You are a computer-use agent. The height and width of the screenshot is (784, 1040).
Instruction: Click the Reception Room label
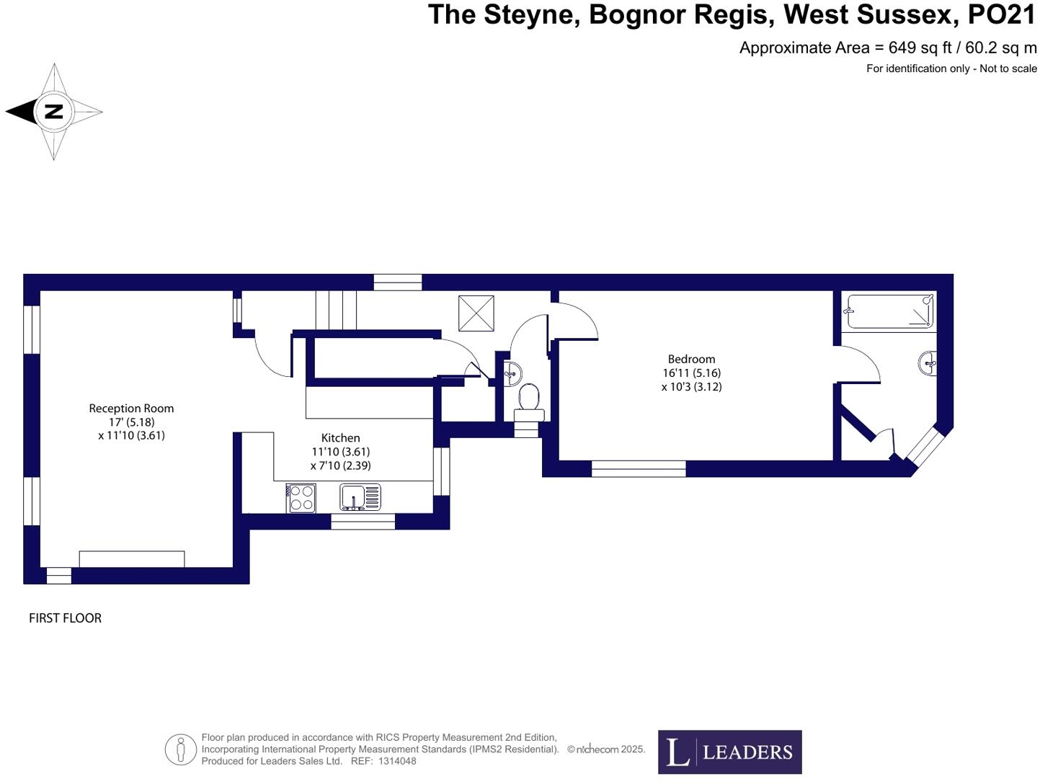(x=131, y=409)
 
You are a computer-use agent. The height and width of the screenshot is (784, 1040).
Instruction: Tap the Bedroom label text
(x=691, y=359)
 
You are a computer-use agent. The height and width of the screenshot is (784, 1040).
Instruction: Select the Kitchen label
(x=340, y=438)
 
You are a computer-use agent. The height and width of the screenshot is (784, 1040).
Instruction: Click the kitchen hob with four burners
(x=301, y=497)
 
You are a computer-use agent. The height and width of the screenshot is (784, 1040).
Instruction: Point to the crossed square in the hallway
(x=476, y=313)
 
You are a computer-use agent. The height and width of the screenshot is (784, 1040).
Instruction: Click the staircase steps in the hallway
(x=336, y=310)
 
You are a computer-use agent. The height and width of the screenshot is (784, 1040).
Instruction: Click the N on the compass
(x=54, y=112)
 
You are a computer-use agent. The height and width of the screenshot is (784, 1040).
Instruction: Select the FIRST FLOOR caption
(x=65, y=618)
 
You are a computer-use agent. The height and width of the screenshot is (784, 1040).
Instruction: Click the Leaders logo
(x=729, y=752)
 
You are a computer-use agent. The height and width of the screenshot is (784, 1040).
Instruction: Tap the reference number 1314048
(x=397, y=761)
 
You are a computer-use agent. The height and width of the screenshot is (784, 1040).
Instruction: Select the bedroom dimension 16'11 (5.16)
(x=691, y=373)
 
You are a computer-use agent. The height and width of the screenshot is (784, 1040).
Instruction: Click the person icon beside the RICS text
(x=180, y=749)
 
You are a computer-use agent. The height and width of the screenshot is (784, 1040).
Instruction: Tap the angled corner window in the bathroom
(x=923, y=446)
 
